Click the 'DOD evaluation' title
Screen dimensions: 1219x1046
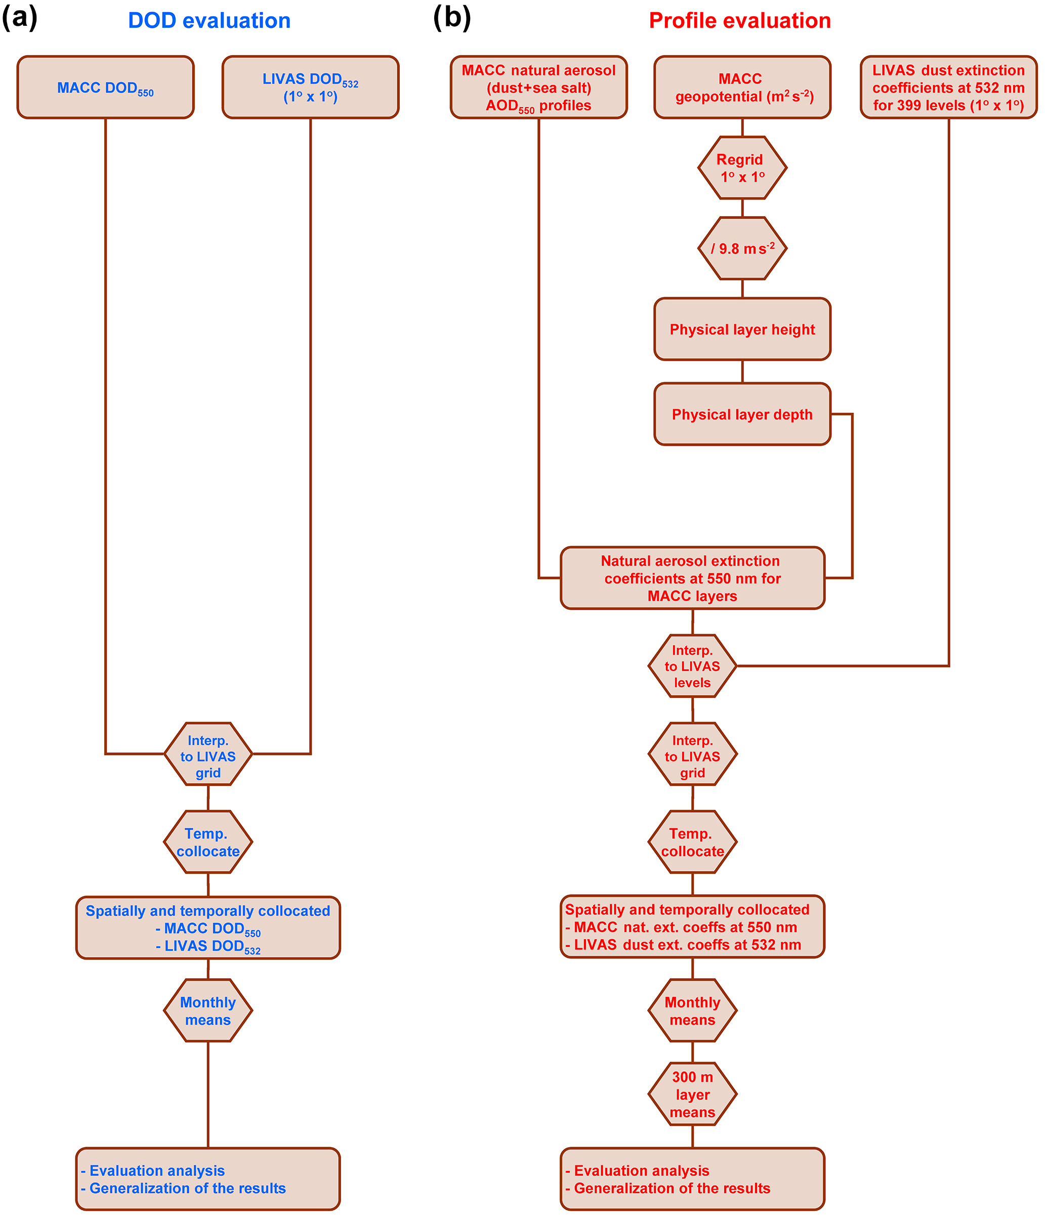pos(209,21)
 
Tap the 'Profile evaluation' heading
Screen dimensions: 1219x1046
pos(739,21)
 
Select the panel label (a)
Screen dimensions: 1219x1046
pos(19,18)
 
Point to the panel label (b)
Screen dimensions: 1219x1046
pos(452,18)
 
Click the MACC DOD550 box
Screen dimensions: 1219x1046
pos(105,88)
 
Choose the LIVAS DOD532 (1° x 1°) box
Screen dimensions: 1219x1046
pos(310,88)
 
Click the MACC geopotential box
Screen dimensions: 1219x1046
pos(742,88)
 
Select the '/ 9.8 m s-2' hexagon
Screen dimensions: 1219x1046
pos(742,248)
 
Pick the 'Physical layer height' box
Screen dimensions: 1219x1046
pos(742,329)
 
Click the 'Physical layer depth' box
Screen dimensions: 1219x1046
pos(742,415)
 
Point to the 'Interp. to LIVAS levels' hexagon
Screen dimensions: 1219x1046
pos(692,666)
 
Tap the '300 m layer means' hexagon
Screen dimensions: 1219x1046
pos(692,1095)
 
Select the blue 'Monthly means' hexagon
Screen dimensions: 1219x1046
pos(207,1011)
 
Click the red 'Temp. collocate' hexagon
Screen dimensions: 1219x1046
pos(692,842)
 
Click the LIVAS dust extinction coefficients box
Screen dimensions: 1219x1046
pos(948,88)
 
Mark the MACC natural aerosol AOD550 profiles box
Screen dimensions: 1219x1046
pos(538,88)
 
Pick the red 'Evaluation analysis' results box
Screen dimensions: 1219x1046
pos(692,1179)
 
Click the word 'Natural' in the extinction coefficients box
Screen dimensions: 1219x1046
pos(625,561)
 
